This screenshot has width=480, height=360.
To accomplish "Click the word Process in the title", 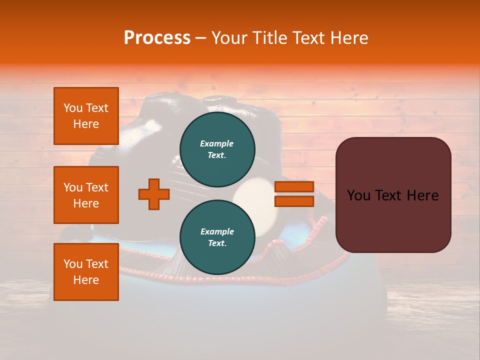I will pyautogui.click(x=157, y=38).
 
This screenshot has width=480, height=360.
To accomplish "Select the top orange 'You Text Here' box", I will pyautogui.click(x=86, y=116).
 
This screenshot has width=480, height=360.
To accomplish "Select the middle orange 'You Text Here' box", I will pyautogui.click(x=86, y=195).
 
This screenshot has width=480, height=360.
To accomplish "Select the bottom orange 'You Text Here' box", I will pyautogui.click(x=86, y=272).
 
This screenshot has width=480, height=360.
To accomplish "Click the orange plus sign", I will pyautogui.click(x=154, y=194).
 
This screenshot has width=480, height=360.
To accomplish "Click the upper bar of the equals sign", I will pyautogui.click(x=294, y=186).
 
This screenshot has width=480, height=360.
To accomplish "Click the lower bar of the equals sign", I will pyautogui.click(x=294, y=201).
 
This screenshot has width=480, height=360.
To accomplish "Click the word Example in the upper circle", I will pyautogui.click(x=216, y=143).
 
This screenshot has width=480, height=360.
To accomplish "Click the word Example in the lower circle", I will pyautogui.click(x=217, y=231).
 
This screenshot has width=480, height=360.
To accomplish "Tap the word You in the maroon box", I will pyautogui.click(x=358, y=195).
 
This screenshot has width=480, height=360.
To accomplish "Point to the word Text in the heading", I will pyautogui.click(x=309, y=38).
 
